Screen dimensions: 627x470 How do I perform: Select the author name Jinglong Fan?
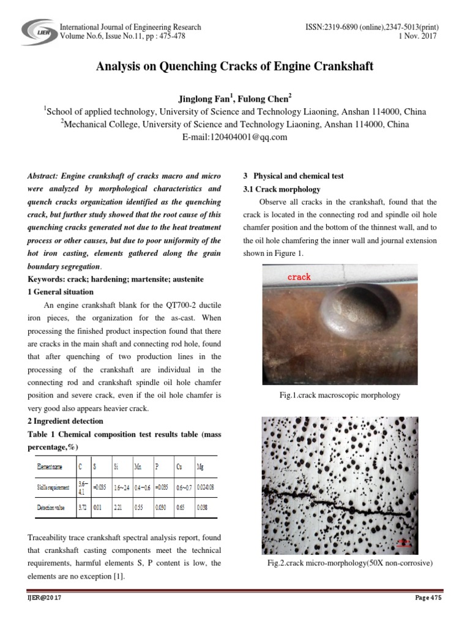click(x=198, y=99)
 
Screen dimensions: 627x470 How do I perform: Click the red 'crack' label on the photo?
click(x=299, y=277)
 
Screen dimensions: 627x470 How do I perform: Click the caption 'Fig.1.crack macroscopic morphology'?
click(x=339, y=395)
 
